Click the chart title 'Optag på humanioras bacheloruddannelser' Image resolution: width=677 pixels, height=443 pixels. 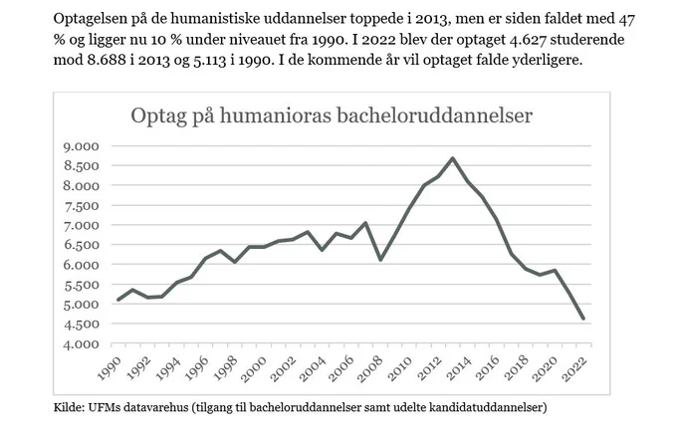pyautogui.click(x=332, y=115)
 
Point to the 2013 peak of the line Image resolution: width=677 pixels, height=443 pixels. pyautogui.click(x=452, y=158)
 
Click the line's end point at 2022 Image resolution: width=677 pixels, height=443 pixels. pyautogui.click(x=583, y=319)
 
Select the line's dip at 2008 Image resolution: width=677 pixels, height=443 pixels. pyautogui.click(x=380, y=260)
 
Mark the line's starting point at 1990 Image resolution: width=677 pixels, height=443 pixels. pyautogui.click(x=118, y=300)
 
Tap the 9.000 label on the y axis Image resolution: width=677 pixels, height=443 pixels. pyautogui.click(x=82, y=146)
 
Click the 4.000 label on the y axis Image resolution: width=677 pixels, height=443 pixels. pyautogui.click(x=82, y=344)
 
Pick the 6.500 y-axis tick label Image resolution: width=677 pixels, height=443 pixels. pyautogui.click(x=82, y=245)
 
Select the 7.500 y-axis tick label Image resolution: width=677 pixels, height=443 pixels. pyautogui.click(x=82, y=206)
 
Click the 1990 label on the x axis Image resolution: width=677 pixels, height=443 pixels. pyautogui.click(x=109, y=368)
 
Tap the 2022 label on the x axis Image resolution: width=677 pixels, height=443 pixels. pyautogui.click(x=573, y=368)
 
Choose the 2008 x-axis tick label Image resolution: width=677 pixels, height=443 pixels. pyautogui.click(x=370, y=368)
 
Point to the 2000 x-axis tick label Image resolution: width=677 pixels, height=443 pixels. pyautogui.click(x=254, y=368)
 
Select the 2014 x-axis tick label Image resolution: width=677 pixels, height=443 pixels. pyautogui.click(x=458, y=368)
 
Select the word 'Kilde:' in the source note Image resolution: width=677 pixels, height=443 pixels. pyautogui.click(x=69, y=407)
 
